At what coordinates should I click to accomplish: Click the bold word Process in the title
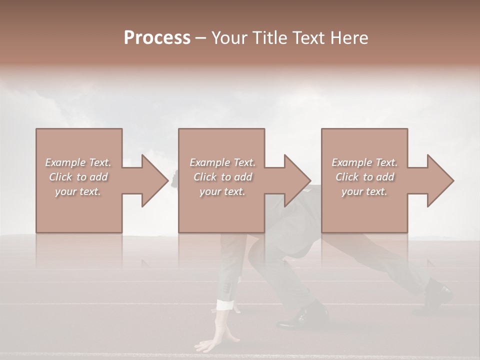[157, 38]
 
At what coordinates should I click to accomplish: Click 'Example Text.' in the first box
[78, 162]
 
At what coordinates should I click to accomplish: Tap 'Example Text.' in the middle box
[222, 162]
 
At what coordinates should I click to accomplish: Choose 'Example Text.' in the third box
[364, 162]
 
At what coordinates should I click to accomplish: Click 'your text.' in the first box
[78, 191]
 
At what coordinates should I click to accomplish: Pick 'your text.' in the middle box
[222, 191]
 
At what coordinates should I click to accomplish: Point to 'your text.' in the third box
[364, 191]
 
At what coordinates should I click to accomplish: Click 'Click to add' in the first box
[78, 177]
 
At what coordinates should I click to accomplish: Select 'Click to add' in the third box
[364, 177]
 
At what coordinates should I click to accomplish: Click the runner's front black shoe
[299, 318]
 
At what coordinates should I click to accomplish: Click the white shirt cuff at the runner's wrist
[225, 304]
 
